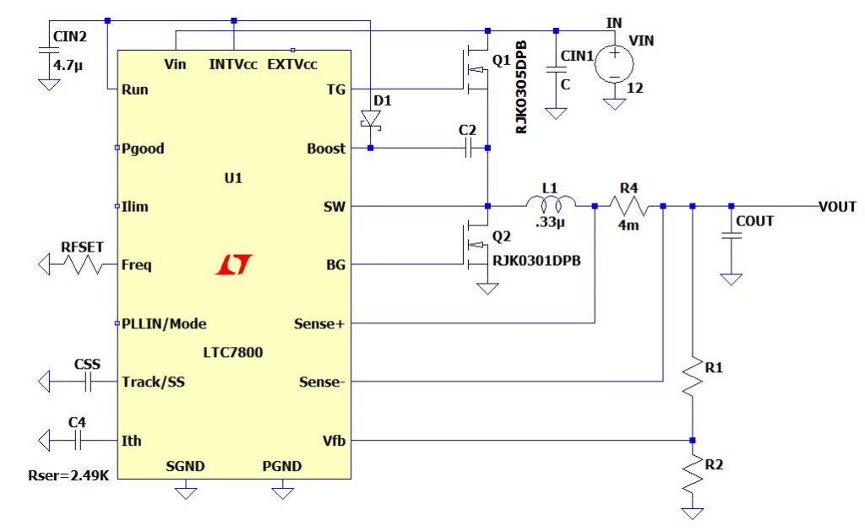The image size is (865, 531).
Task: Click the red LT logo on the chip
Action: pyautogui.click(x=231, y=265)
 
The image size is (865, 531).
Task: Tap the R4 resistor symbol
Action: pyautogui.click(x=629, y=206)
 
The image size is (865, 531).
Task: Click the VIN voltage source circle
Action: pyautogui.click(x=615, y=64)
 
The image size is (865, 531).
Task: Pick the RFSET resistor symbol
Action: pyautogui.click(x=81, y=265)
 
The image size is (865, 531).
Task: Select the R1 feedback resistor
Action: pyautogui.click(x=693, y=377)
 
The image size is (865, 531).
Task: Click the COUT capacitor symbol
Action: pyautogui.click(x=732, y=238)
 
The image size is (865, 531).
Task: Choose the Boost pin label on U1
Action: pyautogui.click(x=326, y=149)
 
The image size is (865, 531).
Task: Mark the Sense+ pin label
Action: pyautogui.click(x=319, y=323)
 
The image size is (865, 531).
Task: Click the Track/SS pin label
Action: pyautogui.click(x=153, y=382)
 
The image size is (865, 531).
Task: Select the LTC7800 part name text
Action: pyautogui.click(x=231, y=352)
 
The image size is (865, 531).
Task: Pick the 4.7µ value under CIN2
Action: pyautogui.click(x=67, y=63)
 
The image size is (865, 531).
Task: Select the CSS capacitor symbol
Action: pyautogui.click(x=87, y=382)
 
